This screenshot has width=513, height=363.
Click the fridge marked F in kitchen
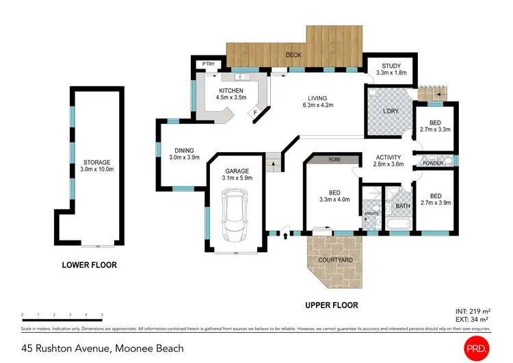click(255, 112)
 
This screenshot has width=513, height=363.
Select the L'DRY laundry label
click(391, 111)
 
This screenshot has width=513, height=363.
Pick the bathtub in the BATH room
click(397, 224)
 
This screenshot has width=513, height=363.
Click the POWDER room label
click(432, 163)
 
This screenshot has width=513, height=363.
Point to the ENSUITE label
click(371, 214)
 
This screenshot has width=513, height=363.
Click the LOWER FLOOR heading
click(90, 265)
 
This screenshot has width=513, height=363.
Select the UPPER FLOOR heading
click(330, 305)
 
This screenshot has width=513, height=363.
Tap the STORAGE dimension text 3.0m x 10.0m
click(97, 169)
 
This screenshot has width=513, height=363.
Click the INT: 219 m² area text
click(471, 311)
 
